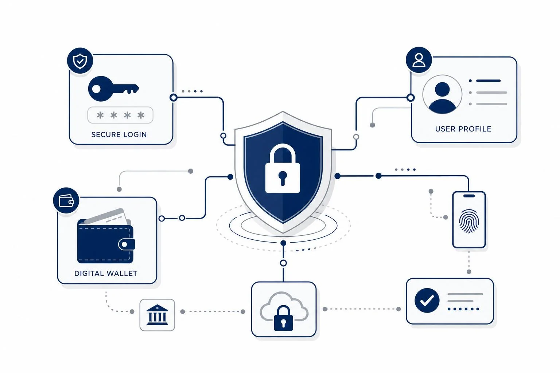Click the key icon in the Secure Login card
(113, 89)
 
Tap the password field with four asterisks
(120, 115)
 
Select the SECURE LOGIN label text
(119, 135)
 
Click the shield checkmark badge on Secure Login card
(80, 61)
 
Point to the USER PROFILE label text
(463, 129)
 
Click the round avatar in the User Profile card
(442, 95)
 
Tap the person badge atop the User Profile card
(419, 60)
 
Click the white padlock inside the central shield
(283, 168)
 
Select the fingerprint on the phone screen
(469, 221)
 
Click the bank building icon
(157, 315)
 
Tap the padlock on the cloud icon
(283, 318)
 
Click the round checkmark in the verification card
(427, 301)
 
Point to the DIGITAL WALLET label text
(106, 274)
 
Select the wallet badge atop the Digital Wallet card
(66, 200)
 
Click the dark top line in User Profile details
(488, 81)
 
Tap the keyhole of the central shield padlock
(283, 178)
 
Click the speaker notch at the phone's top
(469, 196)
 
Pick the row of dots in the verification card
(463, 309)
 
